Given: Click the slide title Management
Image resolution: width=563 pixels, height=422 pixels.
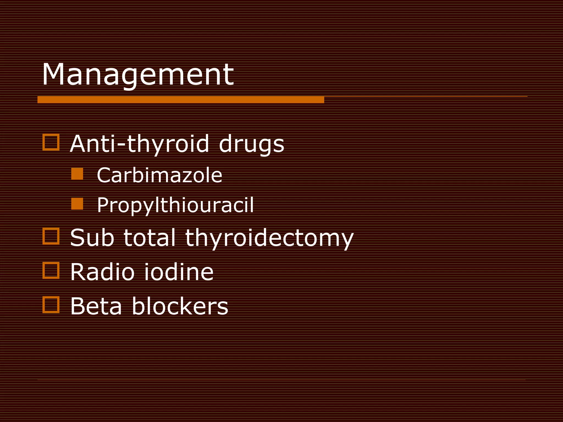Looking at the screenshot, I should (137, 75).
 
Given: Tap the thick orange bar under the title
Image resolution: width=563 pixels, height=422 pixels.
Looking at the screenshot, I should (181, 100).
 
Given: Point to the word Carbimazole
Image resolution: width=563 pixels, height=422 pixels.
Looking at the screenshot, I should (159, 175).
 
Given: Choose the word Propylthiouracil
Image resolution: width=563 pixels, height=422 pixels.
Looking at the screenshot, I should (175, 205).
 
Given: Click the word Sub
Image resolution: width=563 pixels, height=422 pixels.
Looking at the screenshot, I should (92, 238).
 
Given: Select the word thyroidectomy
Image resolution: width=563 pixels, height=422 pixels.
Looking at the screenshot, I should (269, 238).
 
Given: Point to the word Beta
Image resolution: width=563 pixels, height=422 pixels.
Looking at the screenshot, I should (96, 306).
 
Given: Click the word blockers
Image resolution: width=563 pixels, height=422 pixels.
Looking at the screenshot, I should (180, 306).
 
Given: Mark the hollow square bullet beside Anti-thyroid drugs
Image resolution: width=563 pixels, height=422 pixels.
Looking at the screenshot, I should (51, 142).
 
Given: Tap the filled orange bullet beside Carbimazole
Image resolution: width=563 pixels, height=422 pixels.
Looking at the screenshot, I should (77, 174).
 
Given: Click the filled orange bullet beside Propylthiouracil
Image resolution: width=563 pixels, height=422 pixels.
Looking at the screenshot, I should (77, 204).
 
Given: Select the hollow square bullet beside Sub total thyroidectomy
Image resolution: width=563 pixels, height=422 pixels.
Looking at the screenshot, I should (51, 236).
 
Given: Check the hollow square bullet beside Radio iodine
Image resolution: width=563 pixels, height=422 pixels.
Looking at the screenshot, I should (51, 270).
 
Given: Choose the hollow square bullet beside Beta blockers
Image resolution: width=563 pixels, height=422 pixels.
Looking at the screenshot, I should (51, 305).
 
